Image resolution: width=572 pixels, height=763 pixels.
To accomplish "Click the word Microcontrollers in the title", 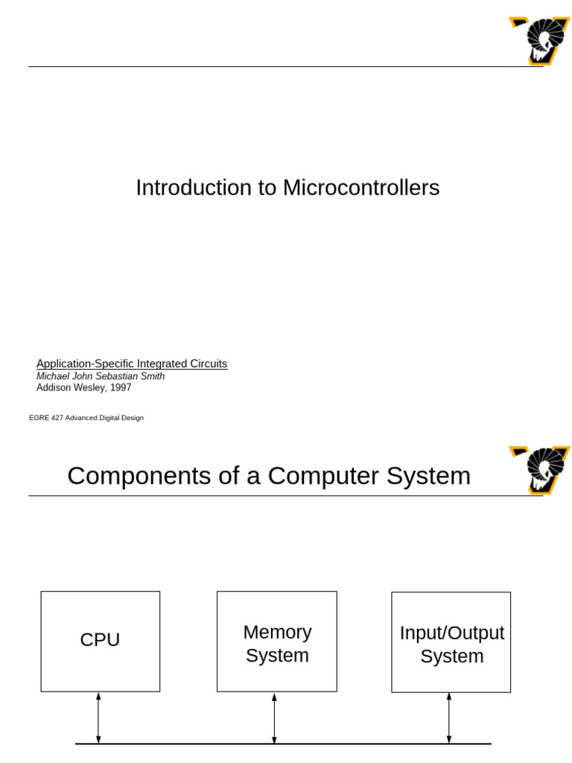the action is tap(361, 188).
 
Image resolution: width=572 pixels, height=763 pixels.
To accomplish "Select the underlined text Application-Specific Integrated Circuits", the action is tap(132, 364).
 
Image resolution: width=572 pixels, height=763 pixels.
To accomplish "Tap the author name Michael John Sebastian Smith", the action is tap(101, 376).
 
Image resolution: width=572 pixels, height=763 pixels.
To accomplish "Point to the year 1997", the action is tap(120, 387).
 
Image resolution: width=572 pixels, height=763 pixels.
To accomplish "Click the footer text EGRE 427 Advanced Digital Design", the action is tap(86, 418).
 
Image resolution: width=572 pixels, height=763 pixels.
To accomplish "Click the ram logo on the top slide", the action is tap(539, 40).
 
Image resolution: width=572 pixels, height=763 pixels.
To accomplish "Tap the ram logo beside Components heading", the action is tap(539, 469).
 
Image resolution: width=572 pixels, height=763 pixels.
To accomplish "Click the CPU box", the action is tap(101, 642).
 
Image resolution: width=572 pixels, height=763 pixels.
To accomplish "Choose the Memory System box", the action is tap(277, 642).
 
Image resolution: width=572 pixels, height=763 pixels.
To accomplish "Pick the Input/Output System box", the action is tap(451, 642).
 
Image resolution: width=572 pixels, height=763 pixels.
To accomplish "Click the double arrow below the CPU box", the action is tap(98, 718).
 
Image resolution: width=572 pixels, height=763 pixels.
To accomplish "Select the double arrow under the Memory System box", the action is tap(274, 718).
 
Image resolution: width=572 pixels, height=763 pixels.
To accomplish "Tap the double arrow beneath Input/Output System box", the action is tap(448, 718).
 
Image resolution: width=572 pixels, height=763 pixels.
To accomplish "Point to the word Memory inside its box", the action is tap(277, 632).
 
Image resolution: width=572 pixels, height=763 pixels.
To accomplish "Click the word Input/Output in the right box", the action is tap(452, 633).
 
